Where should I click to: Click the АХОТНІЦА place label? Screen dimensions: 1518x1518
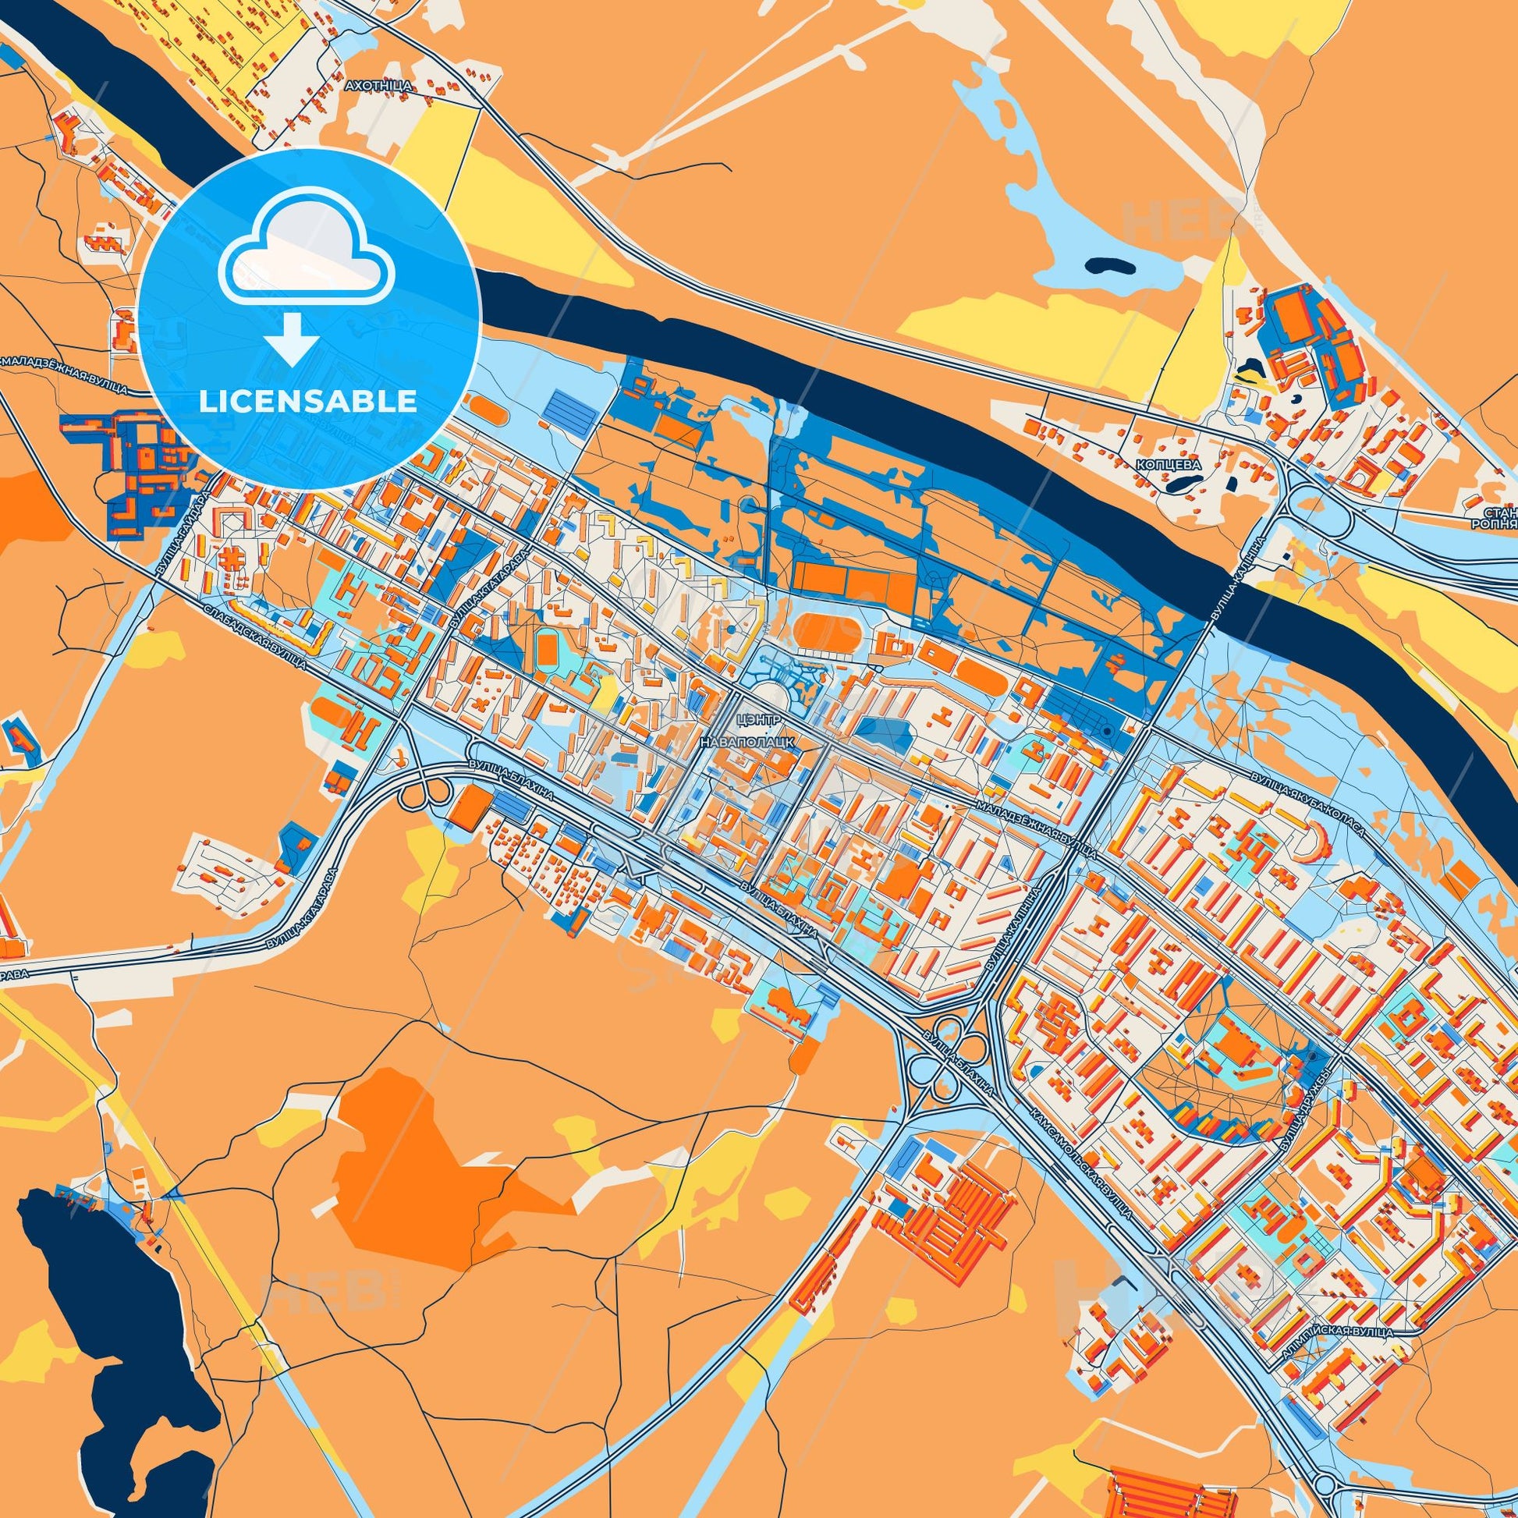pyautogui.click(x=378, y=84)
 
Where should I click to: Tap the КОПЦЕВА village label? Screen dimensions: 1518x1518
pyautogui.click(x=1169, y=464)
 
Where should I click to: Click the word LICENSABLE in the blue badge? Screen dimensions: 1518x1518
pyautogui.click(x=307, y=402)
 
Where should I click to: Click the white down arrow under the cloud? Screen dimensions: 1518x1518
pyautogui.click(x=292, y=339)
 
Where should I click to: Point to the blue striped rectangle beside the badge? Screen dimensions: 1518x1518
pyautogui.click(x=573, y=407)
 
